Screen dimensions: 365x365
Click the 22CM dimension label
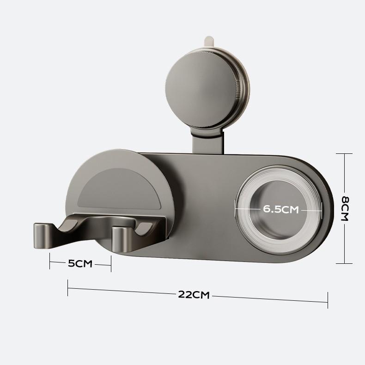point(194,295)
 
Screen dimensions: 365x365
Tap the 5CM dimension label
point(80,264)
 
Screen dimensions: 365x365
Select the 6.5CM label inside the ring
point(281,209)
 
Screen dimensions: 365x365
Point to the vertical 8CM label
point(345,208)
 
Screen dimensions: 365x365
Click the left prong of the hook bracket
point(43,236)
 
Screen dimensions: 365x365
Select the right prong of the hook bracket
point(121,239)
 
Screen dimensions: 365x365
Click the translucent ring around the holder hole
point(242,209)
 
